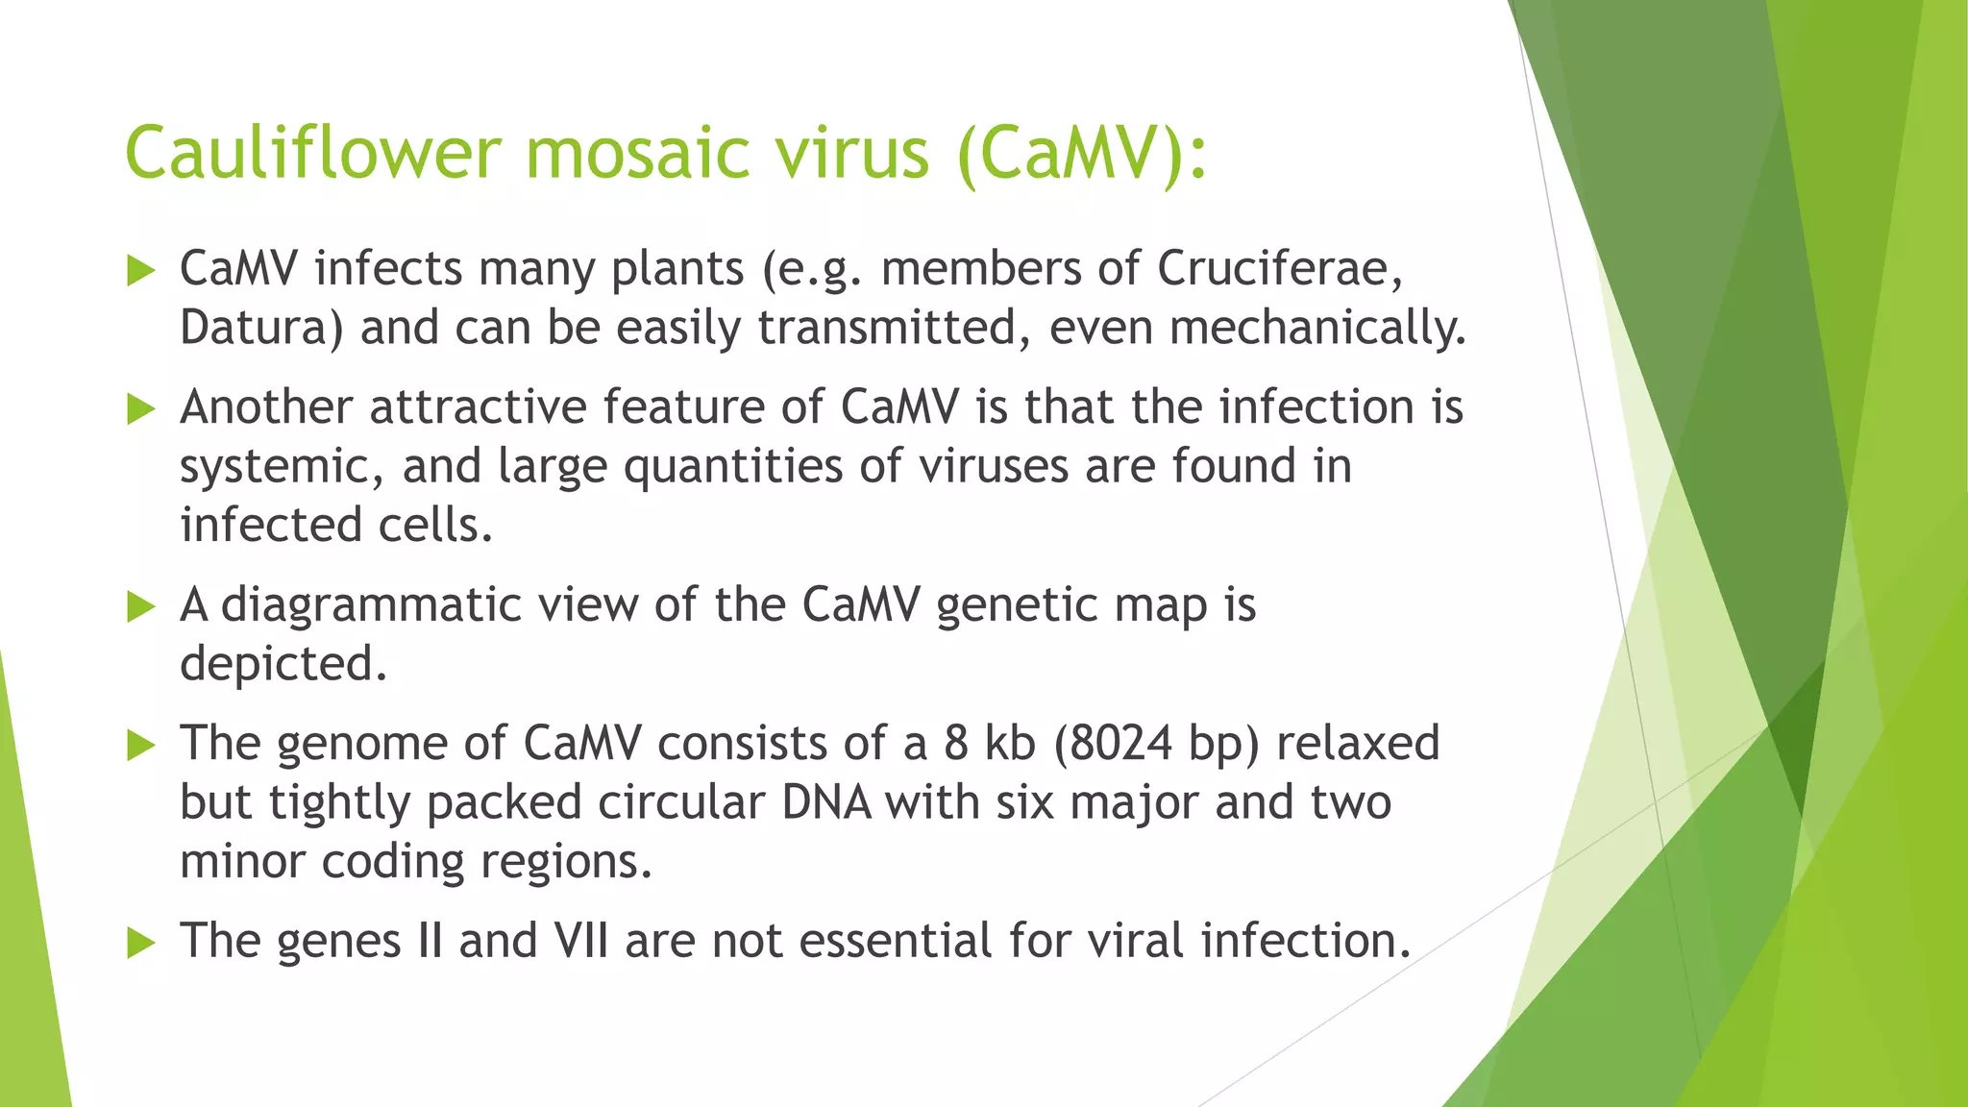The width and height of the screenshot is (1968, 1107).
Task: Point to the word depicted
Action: [x=283, y=664]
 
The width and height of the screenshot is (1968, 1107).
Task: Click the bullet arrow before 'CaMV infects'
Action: [x=140, y=272]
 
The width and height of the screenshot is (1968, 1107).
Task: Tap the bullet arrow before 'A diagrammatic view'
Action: [x=140, y=607]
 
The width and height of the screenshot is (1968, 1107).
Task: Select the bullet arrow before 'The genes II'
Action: [x=140, y=944]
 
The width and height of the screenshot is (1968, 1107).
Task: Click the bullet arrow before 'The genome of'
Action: [x=140, y=746]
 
